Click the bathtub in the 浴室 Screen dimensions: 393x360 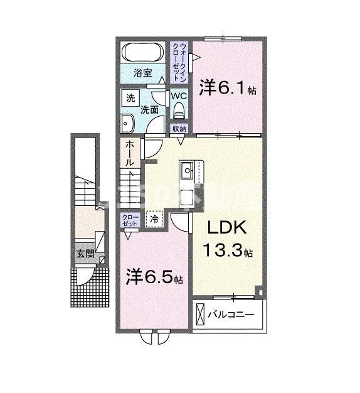click(x=144, y=52)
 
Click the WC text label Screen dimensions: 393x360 click(x=179, y=97)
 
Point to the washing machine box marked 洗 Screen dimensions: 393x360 click(x=130, y=99)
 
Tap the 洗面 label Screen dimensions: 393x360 click(x=149, y=109)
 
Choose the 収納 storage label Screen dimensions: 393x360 click(x=179, y=129)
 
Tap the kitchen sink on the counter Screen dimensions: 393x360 click(x=188, y=170)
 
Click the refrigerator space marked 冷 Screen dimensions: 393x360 click(x=154, y=220)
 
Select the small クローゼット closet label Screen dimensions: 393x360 click(x=129, y=221)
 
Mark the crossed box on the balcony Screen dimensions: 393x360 click(x=201, y=313)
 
